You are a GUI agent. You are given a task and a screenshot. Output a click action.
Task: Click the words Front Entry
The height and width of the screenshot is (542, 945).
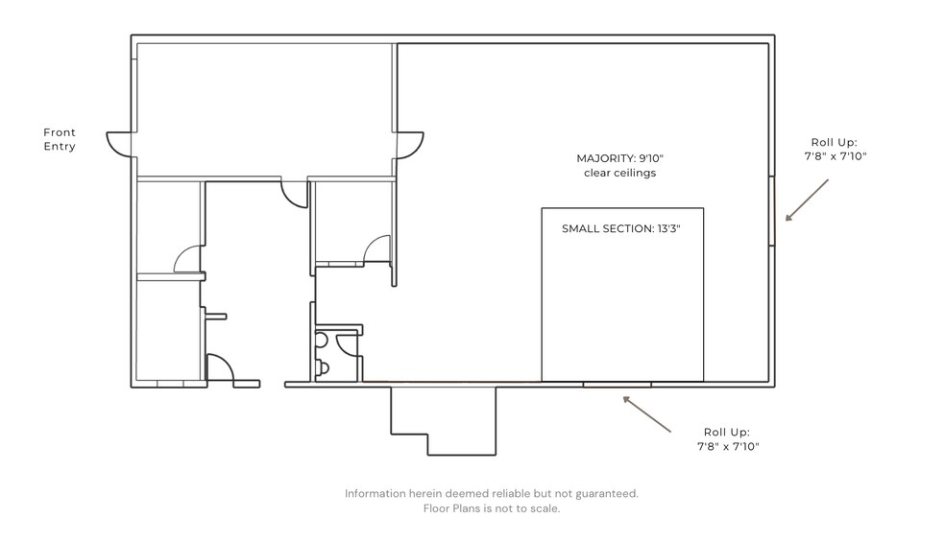(x=60, y=139)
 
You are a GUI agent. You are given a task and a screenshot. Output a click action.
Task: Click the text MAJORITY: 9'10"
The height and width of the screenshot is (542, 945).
(x=619, y=158)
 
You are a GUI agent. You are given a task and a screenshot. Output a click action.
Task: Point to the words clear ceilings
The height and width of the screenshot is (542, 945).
(x=619, y=173)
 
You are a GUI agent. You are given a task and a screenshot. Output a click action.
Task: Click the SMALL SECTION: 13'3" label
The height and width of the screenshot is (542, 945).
(x=620, y=229)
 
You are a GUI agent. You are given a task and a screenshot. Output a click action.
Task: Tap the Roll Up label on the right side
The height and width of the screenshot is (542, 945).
(x=836, y=150)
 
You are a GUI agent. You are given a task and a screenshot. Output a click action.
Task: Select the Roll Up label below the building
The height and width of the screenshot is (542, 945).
(x=728, y=439)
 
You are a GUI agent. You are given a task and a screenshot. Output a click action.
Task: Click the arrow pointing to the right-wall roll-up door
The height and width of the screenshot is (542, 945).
(x=807, y=200)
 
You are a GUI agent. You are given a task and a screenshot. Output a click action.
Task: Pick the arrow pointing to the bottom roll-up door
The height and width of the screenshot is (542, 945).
(x=646, y=413)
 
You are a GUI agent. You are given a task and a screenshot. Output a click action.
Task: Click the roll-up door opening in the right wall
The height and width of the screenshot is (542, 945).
(x=771, y=211)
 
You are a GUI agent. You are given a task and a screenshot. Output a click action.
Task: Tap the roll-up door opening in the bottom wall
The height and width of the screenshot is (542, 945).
(x=618, y=385)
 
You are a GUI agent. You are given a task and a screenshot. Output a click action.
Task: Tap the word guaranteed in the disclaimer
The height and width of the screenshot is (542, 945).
(x=607, y=494)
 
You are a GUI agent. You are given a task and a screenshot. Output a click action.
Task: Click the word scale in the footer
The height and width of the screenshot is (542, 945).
(x=545, y=508)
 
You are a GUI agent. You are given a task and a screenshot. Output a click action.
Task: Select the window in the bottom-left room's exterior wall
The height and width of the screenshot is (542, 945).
(x=171, y=385)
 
